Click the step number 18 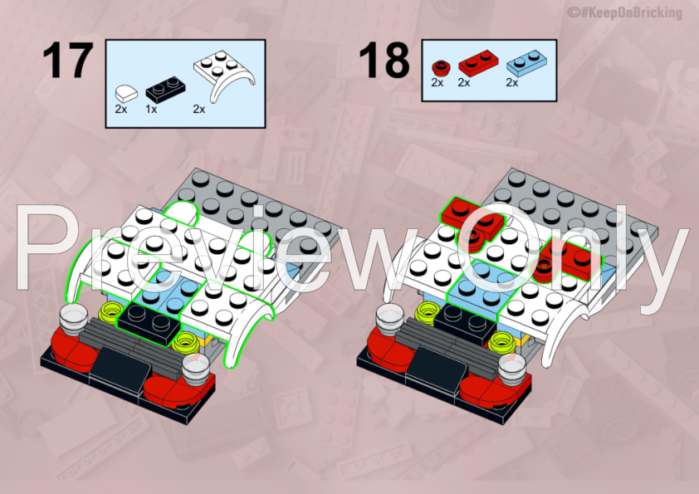point(384,60)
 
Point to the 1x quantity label point(151,109)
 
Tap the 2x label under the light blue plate point(512,82)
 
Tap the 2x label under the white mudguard point(199,109)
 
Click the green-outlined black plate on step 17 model point(148,320)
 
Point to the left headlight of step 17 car point(72,316)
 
